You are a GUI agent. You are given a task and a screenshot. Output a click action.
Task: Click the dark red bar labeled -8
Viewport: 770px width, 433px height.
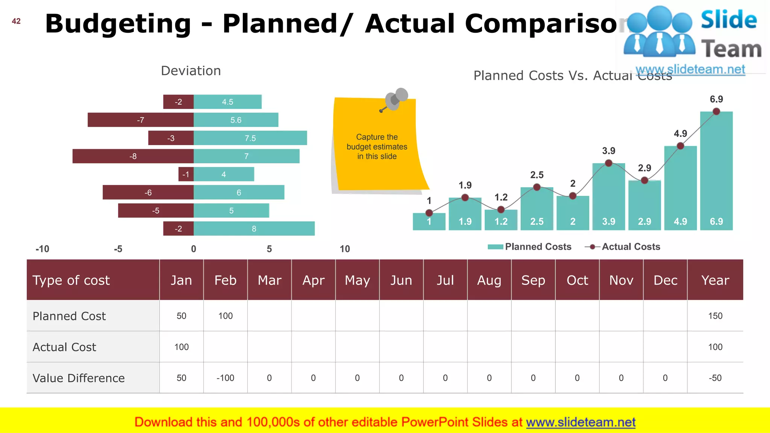tap(133, 156)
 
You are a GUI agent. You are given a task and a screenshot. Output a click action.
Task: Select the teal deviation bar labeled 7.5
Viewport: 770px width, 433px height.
tap(250, 138)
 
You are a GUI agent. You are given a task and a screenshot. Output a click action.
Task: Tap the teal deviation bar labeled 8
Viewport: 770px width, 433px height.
tap(254, 229)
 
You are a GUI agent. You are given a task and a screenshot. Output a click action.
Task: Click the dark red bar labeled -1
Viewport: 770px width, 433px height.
tap(186, 174)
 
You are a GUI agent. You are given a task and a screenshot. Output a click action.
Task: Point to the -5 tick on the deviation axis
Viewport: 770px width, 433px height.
tap(118, 249)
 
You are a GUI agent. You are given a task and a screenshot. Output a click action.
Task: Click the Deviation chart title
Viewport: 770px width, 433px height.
tap(191, 71)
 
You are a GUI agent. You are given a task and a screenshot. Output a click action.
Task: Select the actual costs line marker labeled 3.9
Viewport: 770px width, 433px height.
tap(608, 163)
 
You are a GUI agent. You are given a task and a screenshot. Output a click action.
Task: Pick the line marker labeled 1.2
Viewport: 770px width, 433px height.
tap(501, 209)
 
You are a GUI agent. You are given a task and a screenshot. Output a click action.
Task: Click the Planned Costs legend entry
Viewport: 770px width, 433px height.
tap(530, 247)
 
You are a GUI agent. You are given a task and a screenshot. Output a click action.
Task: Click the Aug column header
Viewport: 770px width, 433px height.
tap(489, 280)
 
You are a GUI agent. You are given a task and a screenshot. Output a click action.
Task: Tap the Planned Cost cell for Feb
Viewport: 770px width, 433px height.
tap(225, 316)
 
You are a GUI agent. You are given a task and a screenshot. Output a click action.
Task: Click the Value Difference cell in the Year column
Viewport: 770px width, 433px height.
tap(715, 378)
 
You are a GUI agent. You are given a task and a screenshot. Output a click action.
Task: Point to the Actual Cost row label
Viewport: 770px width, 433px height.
tap(65, 347)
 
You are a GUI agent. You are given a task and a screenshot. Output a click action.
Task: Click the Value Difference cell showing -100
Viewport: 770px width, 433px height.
tap(225, 378)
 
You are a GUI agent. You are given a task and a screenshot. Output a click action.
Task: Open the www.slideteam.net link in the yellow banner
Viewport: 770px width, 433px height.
tap(581, 422)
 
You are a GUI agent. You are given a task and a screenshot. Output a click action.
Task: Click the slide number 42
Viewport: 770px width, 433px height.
tap(16, 21)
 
